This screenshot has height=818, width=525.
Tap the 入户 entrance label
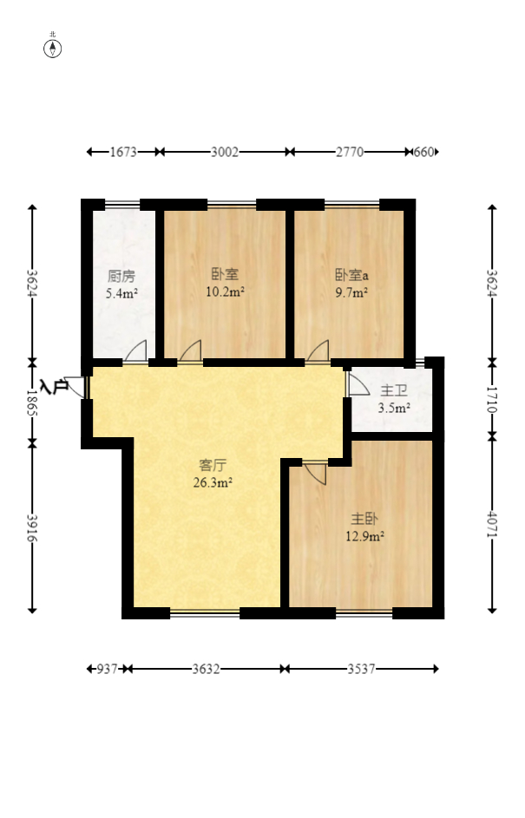click(x=55, y=387)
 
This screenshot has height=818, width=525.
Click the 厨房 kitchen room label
click(x=121, y=276)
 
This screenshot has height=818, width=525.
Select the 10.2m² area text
click(x=226, y=291)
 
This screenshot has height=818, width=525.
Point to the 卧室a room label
click(x=351, y=274)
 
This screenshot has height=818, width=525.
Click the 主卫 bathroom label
click(x=393, y=390)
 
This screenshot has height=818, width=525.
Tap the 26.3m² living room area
click(x=213, y=482)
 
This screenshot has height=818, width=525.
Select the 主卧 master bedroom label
click(x=364, y=519)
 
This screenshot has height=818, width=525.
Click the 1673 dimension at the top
click(x=123, y=152)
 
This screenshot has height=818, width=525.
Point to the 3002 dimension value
click(x=225, y=152)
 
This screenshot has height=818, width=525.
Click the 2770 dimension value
click(x=350, y=152)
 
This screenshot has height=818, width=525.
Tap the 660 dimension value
click(x=423, y=152)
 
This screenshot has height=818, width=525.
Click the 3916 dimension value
click(x=32, y=528)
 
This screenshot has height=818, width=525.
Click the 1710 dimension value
click(x=492, y=400)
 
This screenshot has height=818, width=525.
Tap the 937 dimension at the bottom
click(x=107, y=669)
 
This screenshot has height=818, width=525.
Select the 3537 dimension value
click(x=362, y=669)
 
